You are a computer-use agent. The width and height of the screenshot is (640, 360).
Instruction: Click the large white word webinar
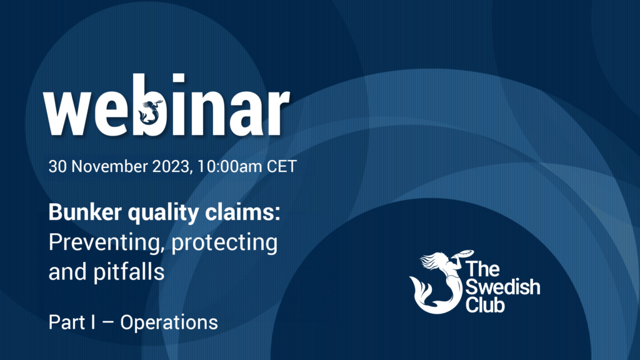pos(166,105)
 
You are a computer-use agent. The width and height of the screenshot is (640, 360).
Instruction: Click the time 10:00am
pos(229,166)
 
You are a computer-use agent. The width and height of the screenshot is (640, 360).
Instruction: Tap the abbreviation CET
pos(282,166)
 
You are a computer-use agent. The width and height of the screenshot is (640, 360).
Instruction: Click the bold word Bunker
pos(85,212)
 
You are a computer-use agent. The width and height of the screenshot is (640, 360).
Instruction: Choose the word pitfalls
pos(129,272)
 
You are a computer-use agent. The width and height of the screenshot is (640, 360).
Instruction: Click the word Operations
pos(169,323)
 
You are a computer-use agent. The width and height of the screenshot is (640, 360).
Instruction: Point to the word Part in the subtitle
pos(66,322)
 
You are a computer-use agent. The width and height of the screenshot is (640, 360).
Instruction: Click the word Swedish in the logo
pos(503,286)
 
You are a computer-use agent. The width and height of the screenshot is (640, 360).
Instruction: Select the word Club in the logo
pos(485,304)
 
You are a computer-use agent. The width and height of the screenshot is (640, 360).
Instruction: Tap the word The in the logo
pos(482,269)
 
